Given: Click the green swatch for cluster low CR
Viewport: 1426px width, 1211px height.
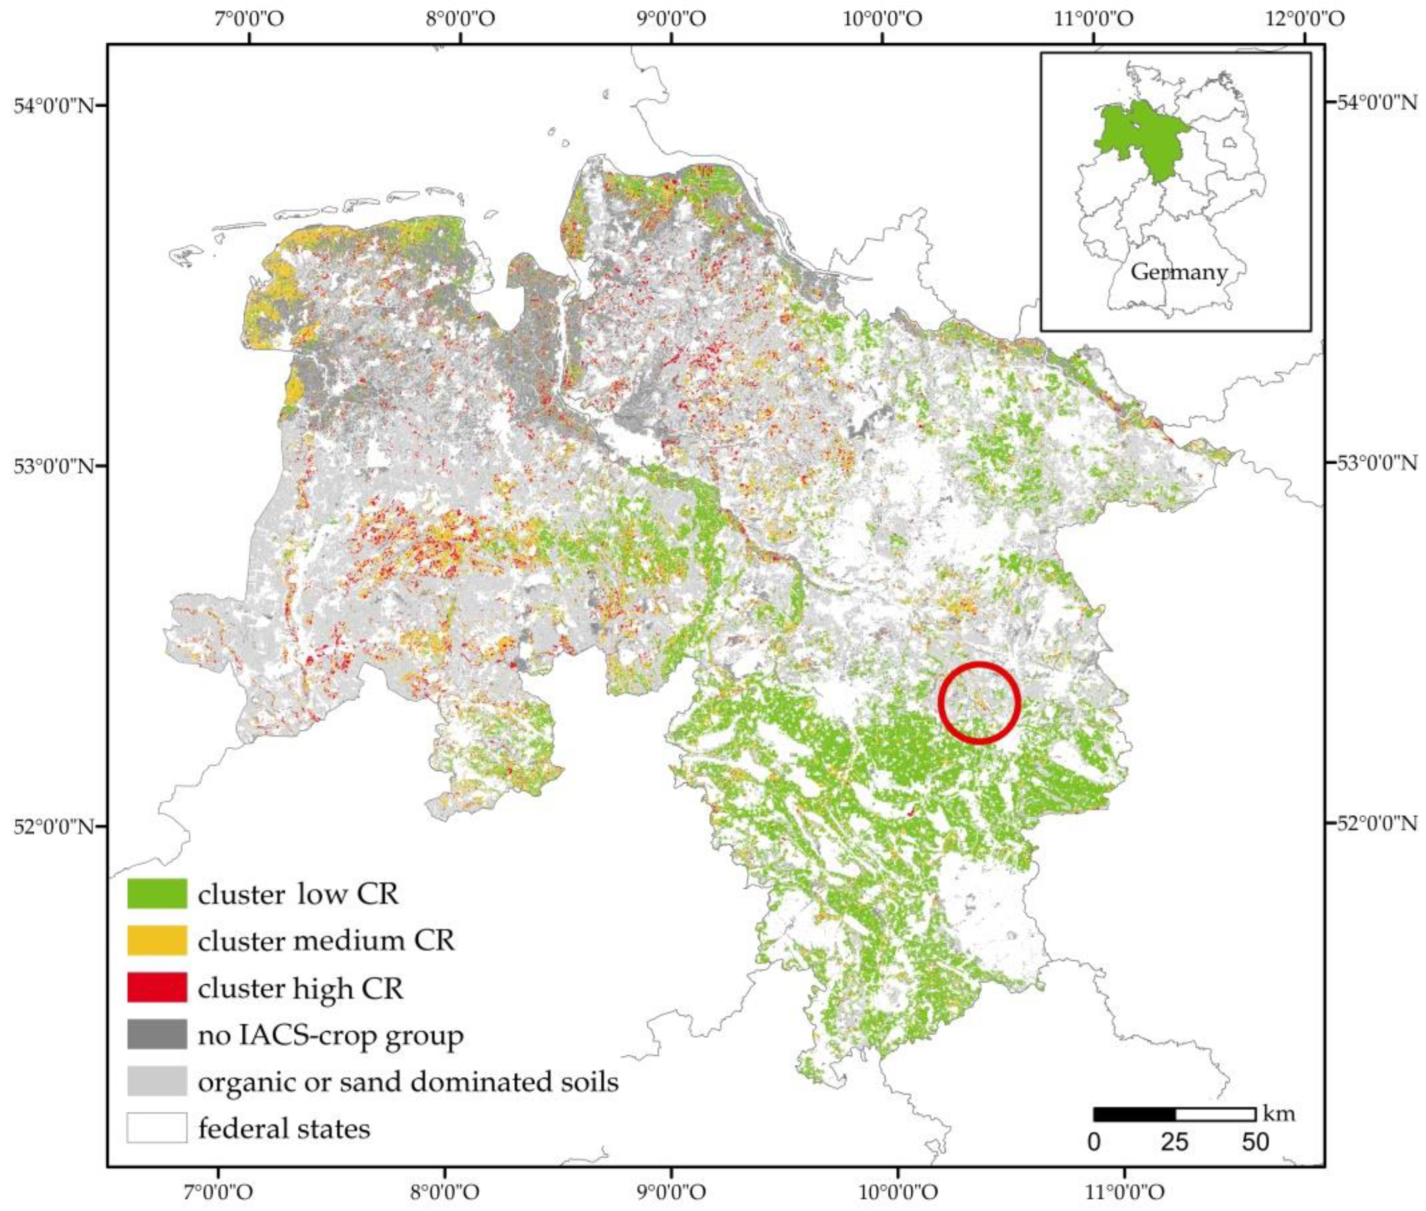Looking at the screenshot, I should point(157,893).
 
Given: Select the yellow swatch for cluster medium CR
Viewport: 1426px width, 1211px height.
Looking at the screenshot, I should point(157,940).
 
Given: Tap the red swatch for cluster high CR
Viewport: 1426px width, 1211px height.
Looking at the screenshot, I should point(157,987).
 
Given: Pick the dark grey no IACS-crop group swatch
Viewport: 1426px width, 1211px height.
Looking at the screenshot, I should point(157,1034).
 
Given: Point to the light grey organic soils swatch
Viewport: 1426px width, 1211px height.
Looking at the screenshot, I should point(157,1081).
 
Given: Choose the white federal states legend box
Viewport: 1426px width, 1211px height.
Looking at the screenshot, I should point(157,1127).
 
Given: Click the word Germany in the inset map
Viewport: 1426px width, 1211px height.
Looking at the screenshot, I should point(1178,272).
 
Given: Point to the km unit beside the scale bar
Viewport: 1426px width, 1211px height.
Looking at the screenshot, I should point(1279,1113).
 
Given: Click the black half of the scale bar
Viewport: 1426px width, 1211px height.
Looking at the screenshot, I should point(1134,1114).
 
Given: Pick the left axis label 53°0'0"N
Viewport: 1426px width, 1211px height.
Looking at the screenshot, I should point(53,466).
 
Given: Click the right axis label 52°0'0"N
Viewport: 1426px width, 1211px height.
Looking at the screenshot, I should point(1375,823).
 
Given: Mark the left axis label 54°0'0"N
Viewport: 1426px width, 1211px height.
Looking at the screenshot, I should point(53,106).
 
